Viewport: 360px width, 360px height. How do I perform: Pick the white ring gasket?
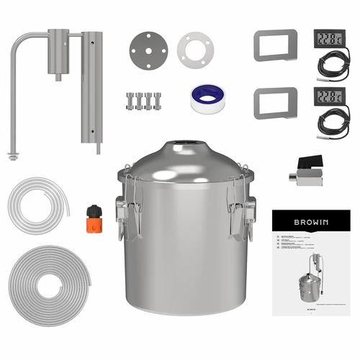(x=195, y=50)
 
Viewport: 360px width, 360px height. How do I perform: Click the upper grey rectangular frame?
(x=276, y=45)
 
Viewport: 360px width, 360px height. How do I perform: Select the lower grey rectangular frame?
(x=276, y=102)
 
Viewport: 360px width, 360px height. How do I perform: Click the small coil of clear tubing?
(x=37, y=202)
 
